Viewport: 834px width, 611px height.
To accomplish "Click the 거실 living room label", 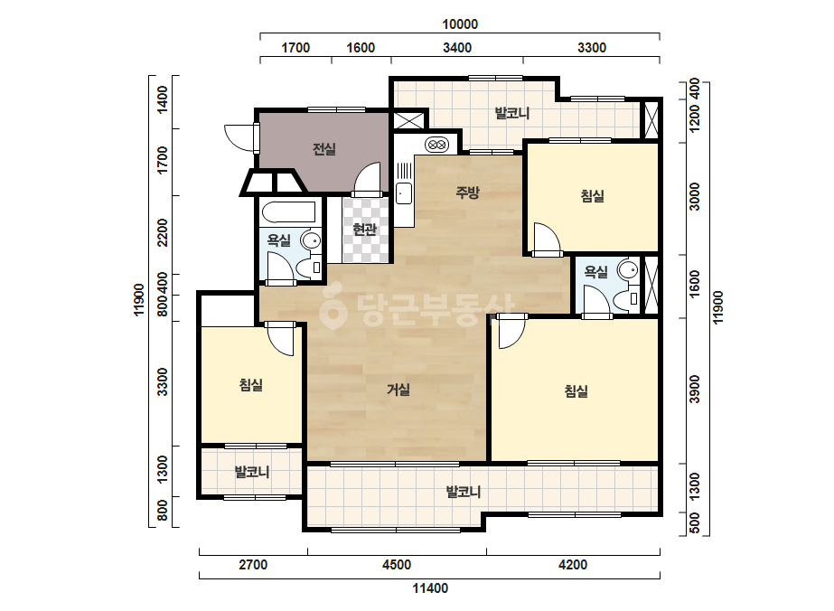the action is click(x=398, y=390).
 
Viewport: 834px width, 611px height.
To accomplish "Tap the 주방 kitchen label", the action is click(x=467, y=193).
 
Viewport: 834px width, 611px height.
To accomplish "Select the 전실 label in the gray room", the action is click(x=323, y=149).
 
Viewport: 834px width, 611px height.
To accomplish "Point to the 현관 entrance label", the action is click(x=364, y=230).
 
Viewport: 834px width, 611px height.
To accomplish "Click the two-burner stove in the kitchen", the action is click(x=437, y=145).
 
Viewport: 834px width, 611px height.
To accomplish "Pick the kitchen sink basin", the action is click(x=403, y=193).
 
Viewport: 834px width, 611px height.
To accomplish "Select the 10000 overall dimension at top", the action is click(x=460, y=23).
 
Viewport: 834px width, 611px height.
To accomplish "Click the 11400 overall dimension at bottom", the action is click(x=430, y=588).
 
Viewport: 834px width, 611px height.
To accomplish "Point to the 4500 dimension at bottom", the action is click(x=397, y=565).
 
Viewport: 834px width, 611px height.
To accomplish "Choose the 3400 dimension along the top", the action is click(x=457, y=48).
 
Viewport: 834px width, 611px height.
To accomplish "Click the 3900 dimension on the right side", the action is click(x=695, y=389).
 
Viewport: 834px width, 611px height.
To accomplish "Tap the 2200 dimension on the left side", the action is click(x=163, y=232).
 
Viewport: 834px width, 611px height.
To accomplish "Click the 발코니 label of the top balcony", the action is click(x=512, y=113).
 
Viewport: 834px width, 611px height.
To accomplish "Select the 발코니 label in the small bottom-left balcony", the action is click(x=252, y=472).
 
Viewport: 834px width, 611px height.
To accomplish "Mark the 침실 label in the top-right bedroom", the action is click(x=592, y=196).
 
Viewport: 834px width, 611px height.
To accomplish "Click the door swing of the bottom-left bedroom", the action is click(x=280, y=340).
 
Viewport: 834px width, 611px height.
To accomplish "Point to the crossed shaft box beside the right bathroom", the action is click(x=651, y=286).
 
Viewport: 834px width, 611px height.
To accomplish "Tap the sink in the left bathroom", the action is click(x=311, y=240).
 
